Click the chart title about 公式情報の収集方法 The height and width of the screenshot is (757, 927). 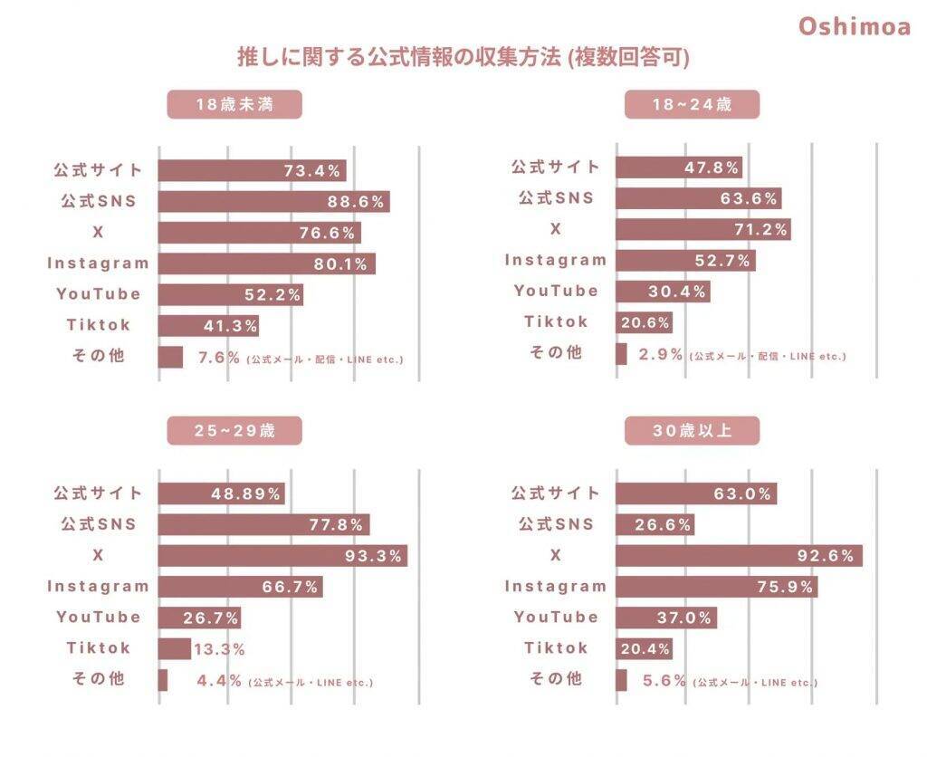[x=463, y=58]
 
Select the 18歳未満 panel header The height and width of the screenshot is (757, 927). [x=234, y=104]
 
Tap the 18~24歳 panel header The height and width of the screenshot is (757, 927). [x=692, y=104]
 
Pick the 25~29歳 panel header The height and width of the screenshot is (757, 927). [x=234, y=430]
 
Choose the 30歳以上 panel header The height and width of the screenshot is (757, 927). [x=692, y=430]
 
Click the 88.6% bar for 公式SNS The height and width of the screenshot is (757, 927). [x=273, y=201]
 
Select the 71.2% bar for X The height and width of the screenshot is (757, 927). [x=702, y=229]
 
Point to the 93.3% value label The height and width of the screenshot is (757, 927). [x=373, y=556]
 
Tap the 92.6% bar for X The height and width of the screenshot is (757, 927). [x=739, y=555]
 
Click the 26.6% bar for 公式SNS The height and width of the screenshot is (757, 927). [x=655, y=524]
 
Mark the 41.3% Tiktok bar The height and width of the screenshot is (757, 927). [x=209, y=325]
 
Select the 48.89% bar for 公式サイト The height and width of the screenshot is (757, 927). [x=221, y=493]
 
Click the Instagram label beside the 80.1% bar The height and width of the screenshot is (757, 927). [x=98, y=264]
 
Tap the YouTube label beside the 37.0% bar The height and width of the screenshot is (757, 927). [x=556, y=617]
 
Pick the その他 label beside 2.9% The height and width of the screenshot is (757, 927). [x=556, y=353]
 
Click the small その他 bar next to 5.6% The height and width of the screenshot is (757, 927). [x=621, y=680]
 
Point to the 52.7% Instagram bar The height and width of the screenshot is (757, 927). [x=685, y=261]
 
